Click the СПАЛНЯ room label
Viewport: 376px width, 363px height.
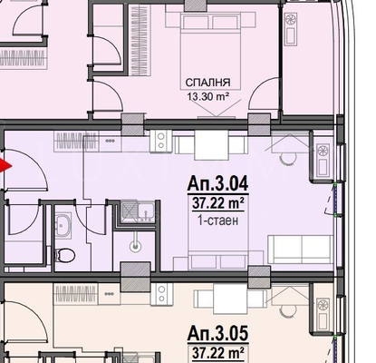point(207,83)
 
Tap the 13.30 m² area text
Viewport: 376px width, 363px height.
point(207,97)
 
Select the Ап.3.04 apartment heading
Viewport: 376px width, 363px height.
point(218,183)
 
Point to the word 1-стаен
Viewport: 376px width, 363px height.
point(218,221)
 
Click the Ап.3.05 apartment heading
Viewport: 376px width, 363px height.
point(218,333)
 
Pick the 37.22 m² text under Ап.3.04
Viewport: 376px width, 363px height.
point(218,203)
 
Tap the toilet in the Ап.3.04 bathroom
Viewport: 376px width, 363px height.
point(64,255)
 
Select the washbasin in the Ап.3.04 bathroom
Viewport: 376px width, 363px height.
point(63,225)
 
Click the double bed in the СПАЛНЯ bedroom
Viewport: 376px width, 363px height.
point(210,51)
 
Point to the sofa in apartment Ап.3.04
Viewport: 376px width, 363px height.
point(301,250)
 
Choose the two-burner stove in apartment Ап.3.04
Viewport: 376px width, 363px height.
point(161,142)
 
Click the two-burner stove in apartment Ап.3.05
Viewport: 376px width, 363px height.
point(161,294)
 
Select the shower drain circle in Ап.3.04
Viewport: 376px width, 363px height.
point(135,246)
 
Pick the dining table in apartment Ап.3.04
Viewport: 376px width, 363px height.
point(211,145)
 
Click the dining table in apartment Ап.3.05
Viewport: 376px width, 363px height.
point(229,299)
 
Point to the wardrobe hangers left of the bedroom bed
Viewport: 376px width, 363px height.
point(140,41)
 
